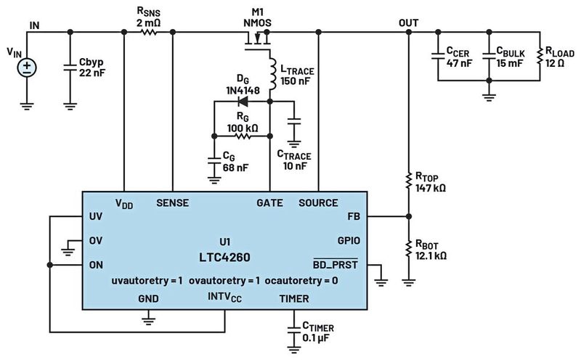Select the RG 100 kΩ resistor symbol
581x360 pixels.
tap(243, 136)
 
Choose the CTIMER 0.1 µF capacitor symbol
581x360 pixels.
tap(293, 323)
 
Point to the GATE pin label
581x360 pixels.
tap(270, 203)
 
